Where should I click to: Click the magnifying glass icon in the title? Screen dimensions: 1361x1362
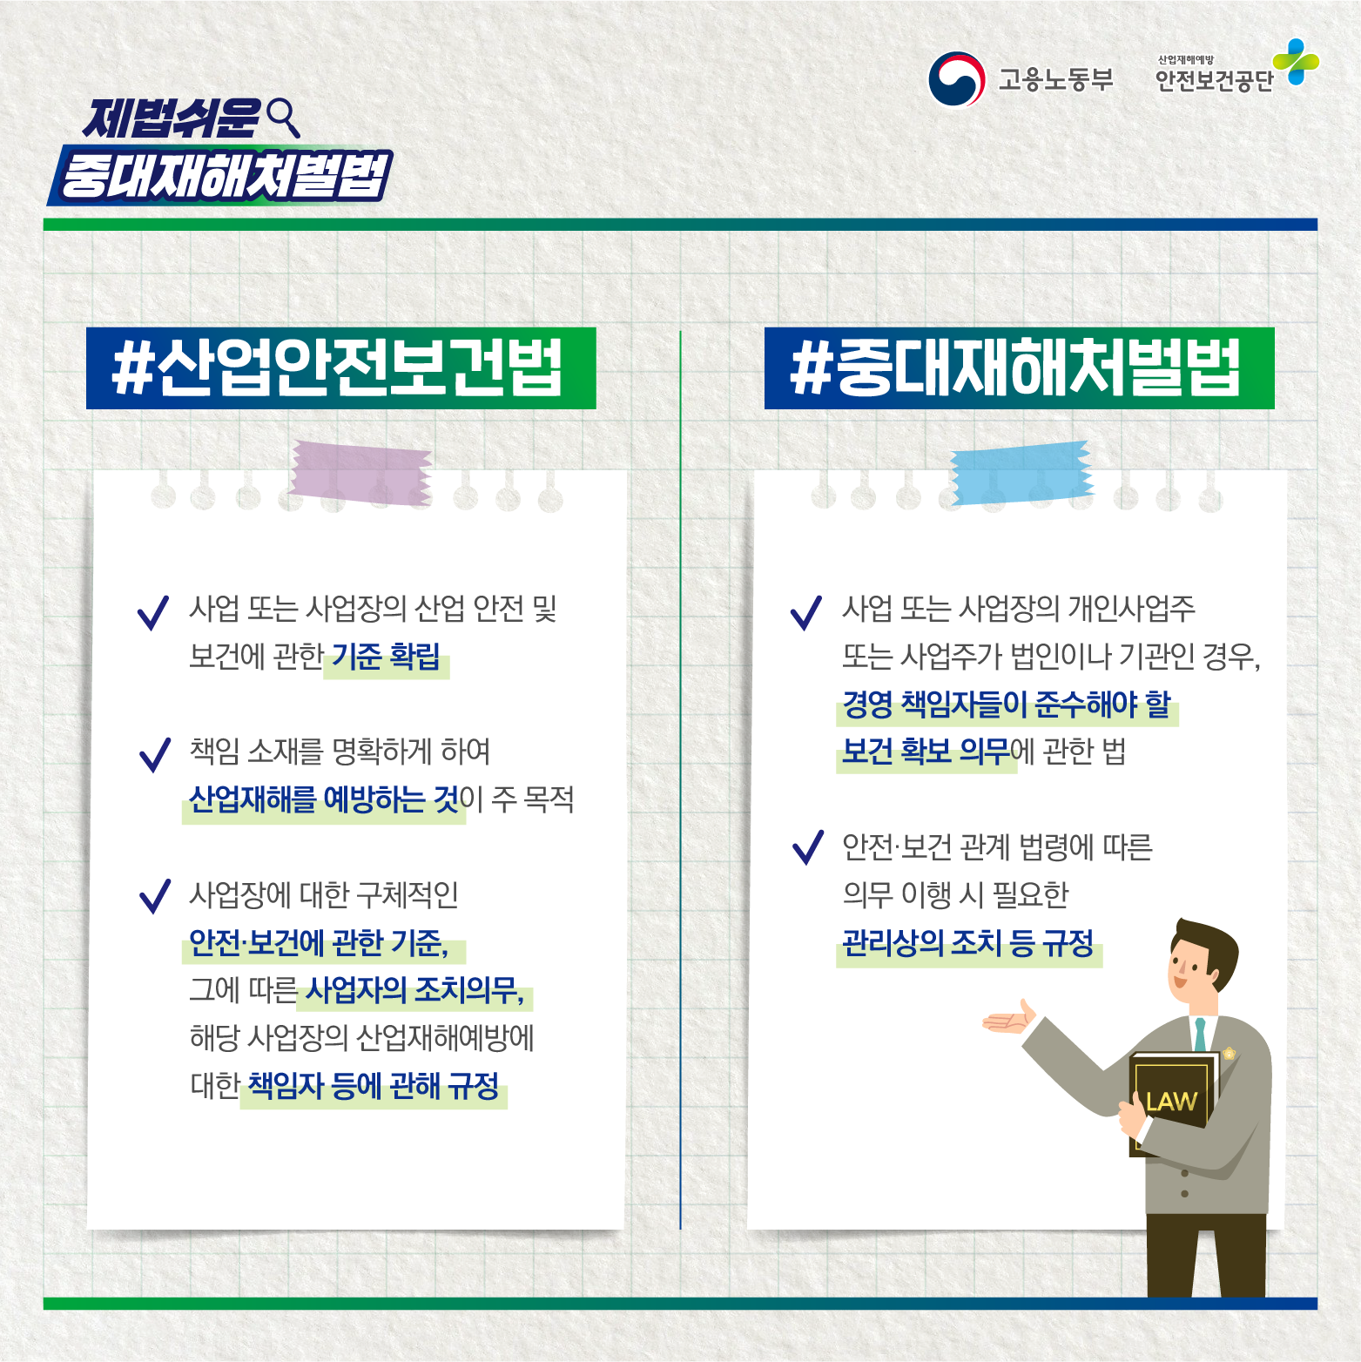coord(282,117)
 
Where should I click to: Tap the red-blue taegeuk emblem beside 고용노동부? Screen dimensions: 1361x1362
coord(956,79)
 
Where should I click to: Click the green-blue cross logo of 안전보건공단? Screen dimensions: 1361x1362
coord(1296,62)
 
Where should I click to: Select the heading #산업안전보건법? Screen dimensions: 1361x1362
coord(340,368)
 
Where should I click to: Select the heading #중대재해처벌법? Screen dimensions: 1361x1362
coord(1019,368)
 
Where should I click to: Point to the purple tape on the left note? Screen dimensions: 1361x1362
coord(360,473)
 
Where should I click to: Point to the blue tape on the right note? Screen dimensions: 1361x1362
coord(1021,473)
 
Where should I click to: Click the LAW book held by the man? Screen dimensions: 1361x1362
coord(1171,1102)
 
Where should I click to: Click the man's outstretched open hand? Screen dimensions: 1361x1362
coord(1010,1018)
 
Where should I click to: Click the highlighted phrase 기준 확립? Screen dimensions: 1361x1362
coord(386,656)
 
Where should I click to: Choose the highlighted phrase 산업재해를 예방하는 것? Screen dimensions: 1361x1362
coord(324,799)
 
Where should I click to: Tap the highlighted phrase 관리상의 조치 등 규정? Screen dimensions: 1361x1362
coord(967,942)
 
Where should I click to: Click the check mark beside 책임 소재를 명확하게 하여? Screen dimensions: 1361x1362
coord(155,754)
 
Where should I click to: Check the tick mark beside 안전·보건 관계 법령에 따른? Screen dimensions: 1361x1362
coord(808,847)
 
